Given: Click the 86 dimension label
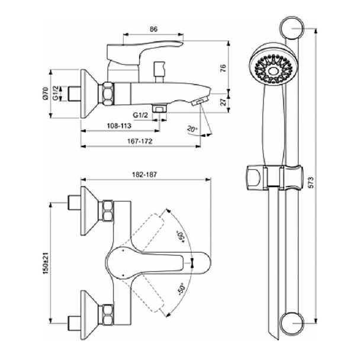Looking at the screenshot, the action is [x=153, y=29].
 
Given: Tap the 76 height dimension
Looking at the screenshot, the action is [x=223, y=68].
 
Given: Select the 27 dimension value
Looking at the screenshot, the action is [x=223, y=102].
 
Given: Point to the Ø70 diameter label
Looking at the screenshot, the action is [x=46, y=93].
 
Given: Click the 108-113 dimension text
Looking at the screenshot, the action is [x=119, y=126].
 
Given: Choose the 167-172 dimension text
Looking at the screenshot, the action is [x=140, y=141].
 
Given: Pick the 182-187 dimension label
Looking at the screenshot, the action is [x=144, y=175].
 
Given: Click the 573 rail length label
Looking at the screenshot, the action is [x=310, y=182].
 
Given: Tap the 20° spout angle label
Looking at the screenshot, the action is [x=192, y=129].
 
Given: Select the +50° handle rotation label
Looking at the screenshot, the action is [x=181, y=237].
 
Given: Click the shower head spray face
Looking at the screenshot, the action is [x=272, y=70].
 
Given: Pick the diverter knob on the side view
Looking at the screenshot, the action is [x=159, y=72].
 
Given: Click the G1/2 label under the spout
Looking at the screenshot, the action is [x=140, y=115].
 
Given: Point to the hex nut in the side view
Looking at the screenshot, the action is [x=108, y=94].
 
